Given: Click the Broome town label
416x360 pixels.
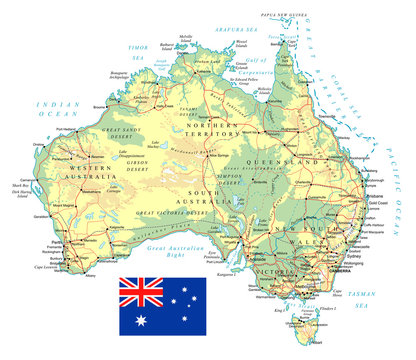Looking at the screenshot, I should click(99, 104).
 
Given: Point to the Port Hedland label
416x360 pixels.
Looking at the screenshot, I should click(69, 129).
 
